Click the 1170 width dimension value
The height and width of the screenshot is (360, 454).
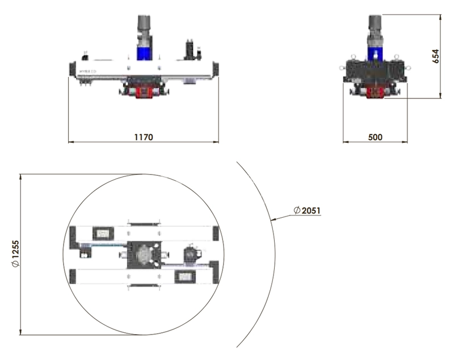[x=144, y=137]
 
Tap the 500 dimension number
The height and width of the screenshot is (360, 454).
[x=375, y=137]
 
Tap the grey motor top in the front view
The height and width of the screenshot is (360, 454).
[x=144, y=26]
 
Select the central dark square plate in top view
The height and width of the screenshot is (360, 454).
[x=144, y=255]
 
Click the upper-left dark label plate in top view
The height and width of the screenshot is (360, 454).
[x=103, y=233]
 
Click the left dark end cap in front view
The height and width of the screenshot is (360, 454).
[x=72, y=67]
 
